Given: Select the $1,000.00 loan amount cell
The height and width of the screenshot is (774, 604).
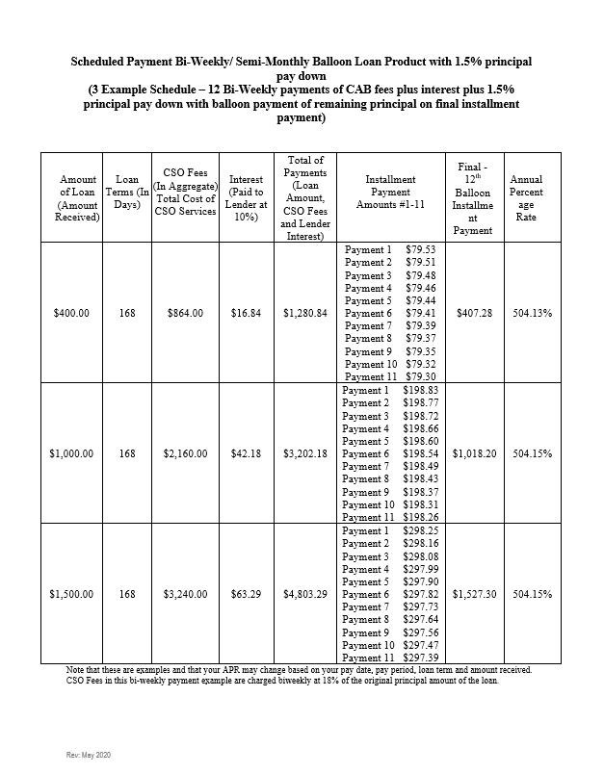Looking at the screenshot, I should [71, 453].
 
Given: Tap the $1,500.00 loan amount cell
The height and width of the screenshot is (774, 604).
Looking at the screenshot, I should [71, 594].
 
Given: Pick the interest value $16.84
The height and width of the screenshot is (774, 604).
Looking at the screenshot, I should [247, 313].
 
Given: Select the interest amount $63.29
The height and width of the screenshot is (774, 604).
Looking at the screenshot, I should [247, 594].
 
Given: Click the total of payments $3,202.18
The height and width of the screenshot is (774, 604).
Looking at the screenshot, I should [305, 453].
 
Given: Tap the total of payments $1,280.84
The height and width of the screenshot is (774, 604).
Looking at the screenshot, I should [305, 313].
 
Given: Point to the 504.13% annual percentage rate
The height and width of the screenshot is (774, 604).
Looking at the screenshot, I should [533, 313].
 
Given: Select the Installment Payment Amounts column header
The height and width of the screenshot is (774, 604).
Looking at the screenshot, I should [391, 198].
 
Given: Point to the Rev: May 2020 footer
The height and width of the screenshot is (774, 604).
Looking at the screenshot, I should [89, 754].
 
